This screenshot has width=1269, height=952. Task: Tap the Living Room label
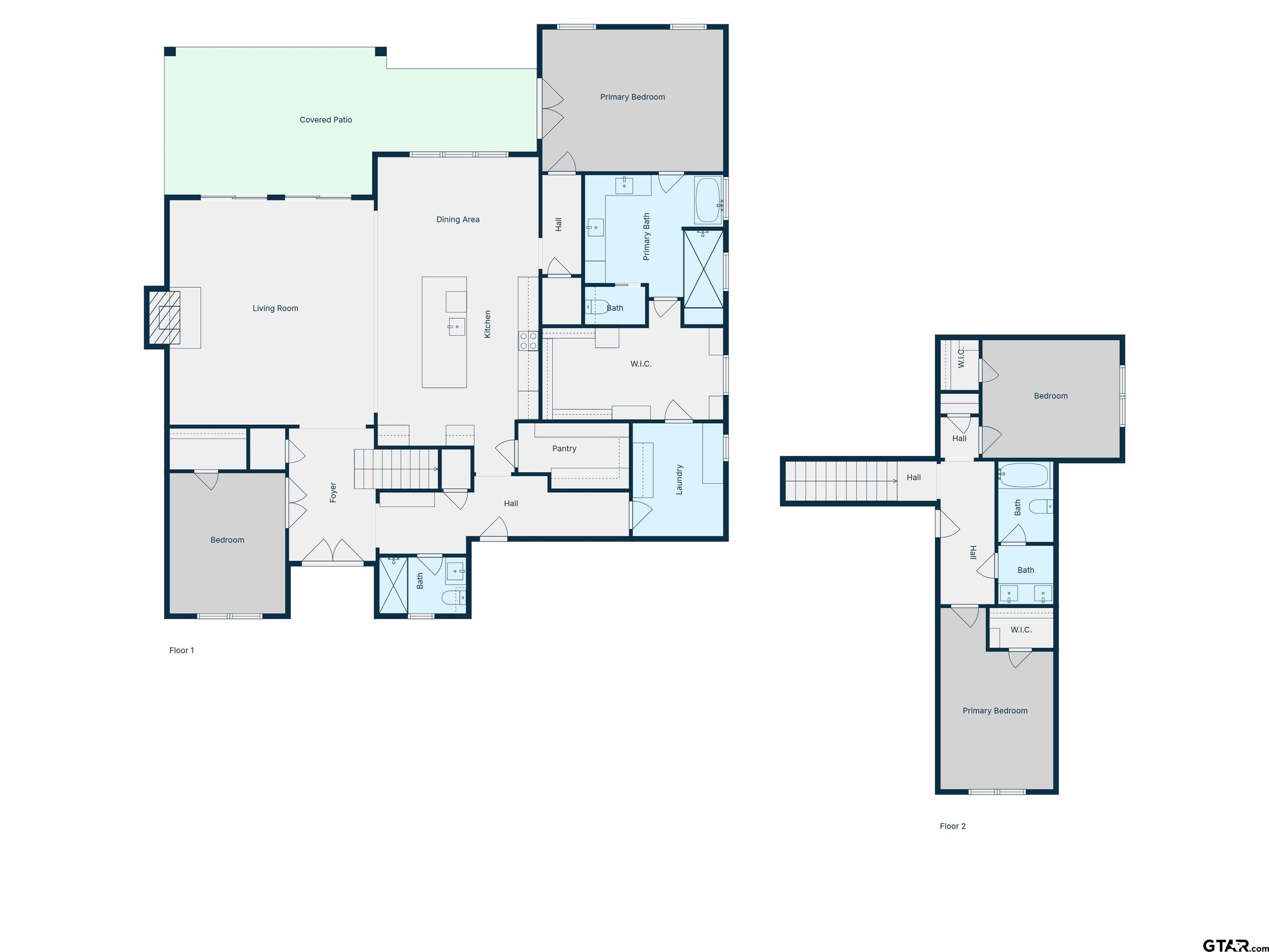[276, 308]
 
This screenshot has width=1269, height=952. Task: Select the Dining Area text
[458, 219]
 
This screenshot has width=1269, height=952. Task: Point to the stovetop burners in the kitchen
[528, 341]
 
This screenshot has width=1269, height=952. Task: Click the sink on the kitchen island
[456, 326]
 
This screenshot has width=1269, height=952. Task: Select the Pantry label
[564, 449]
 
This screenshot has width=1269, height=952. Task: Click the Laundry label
[679, 479]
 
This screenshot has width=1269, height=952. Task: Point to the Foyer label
[333, 493]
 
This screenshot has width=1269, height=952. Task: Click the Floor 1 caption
[181, 650]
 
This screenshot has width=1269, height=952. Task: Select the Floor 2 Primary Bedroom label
[995, 710]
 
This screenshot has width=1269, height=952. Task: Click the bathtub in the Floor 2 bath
[1024, 475]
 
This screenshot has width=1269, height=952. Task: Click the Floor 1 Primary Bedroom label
[632, 97]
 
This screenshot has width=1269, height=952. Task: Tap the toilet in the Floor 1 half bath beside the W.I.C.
[596, 307]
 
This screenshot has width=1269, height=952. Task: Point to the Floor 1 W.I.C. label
[641, 364]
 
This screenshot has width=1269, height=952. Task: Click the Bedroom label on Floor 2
[1050, 396]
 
